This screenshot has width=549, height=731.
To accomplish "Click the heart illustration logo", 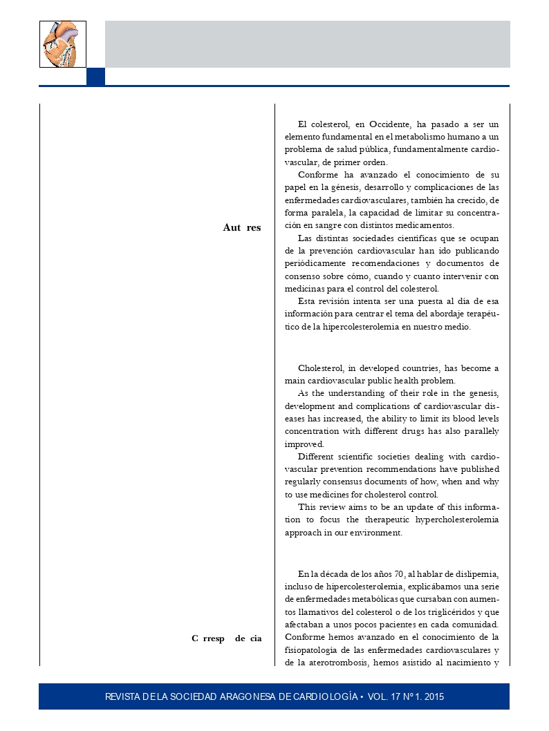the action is (63, 44).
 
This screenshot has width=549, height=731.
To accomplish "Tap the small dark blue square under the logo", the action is (95, 76).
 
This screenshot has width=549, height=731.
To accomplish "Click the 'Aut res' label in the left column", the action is (242, 227).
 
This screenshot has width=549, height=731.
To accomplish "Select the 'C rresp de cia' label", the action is (227, 638).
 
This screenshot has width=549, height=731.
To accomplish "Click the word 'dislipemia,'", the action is (477, 573).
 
